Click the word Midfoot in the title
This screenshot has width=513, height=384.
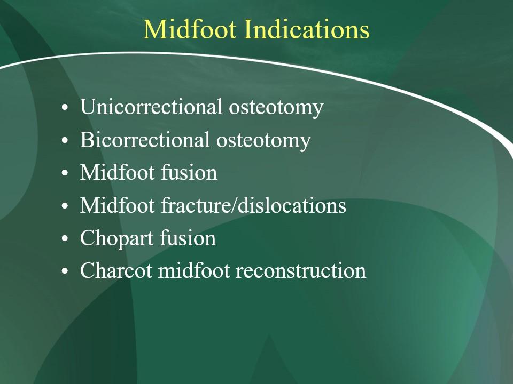[190, 29]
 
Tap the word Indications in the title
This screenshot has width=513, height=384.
[307, 29]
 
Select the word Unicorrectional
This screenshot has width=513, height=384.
[151, 107]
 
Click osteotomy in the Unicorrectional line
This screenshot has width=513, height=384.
[276, 108]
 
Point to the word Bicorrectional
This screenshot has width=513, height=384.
[145, 139]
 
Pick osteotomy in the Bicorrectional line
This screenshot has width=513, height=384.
[263, 141]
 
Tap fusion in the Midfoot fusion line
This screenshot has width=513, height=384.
[189, 172]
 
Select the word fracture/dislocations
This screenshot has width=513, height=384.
[253, 205]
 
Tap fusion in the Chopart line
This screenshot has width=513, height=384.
[188, 238]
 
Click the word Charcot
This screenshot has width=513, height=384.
[116, 271]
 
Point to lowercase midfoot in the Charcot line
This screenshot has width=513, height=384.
[193, 271]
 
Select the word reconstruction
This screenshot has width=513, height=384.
[301, 271]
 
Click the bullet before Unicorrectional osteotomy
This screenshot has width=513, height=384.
[65, 107]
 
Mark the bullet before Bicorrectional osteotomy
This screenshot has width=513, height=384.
[65, 140]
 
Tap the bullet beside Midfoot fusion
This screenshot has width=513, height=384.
[65, 173]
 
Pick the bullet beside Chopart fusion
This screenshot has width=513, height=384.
[65, 239]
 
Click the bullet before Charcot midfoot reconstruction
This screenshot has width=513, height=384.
[65, 271]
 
